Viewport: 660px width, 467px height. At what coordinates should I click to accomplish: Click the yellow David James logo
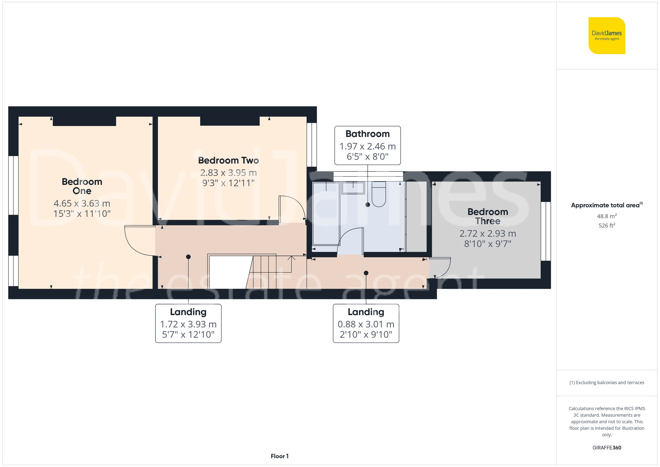tap(607, 36)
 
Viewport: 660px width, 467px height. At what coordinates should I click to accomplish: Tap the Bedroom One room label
tap(82, 186)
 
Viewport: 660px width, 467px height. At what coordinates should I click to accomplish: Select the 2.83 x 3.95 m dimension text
tap(228, 173)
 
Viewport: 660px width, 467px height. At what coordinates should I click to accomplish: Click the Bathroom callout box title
tap(367, 134)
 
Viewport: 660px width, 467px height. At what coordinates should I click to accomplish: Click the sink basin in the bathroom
tap(353, 188)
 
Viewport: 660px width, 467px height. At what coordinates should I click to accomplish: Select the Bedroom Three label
tap(487, 217)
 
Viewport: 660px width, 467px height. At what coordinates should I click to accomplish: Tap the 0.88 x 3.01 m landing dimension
tap(366, 324)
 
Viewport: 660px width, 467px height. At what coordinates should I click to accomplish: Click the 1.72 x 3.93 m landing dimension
tap(188, 324)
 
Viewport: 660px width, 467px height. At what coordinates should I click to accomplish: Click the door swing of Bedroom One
tap(137, 243)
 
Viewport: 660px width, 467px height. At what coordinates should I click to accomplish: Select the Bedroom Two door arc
tap(292, 208)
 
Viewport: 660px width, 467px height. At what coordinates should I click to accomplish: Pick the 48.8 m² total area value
tap(607, 216)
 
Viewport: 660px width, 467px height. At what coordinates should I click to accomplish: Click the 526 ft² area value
tap(607, 225)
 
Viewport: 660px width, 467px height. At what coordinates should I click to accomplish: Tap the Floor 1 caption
tap(280, 456)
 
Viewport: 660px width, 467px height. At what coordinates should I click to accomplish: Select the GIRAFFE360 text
tap(607, 448)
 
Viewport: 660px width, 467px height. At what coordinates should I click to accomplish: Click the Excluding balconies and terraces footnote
tap(607, 383)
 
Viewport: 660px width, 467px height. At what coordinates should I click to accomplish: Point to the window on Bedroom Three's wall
tap(546, 231)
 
